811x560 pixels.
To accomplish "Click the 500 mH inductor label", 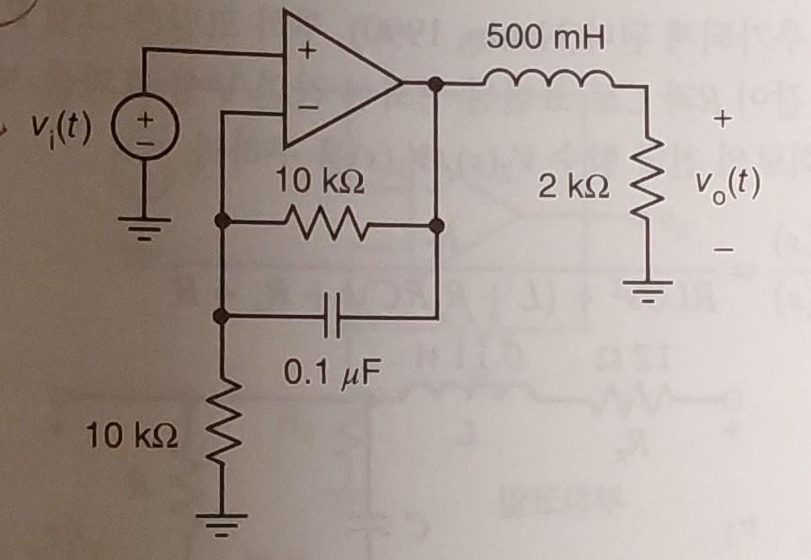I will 545,38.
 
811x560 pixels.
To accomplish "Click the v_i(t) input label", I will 61,128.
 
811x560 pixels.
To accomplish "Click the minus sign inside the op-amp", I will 308,107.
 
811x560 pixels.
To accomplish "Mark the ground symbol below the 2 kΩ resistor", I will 649,294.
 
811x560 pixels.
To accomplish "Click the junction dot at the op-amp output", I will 435,83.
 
